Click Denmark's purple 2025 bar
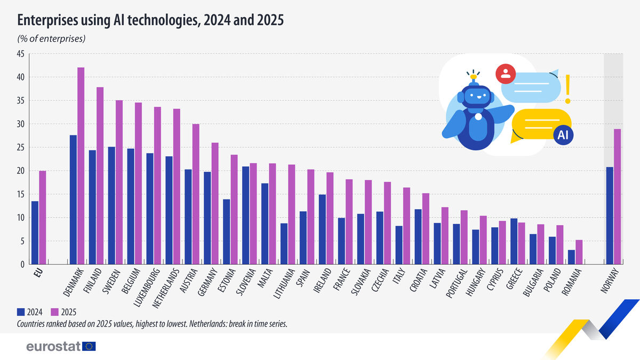pos(81,166)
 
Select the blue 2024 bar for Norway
pos(610,215)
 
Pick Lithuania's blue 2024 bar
pos(284,244)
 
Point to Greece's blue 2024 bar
pos(514,241)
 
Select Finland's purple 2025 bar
pos(100,175)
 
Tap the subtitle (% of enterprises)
pos(51,38)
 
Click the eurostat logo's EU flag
pos(89,347)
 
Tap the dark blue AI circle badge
pos(563,135)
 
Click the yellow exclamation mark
pos(567,89)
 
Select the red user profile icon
pos(505,74)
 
